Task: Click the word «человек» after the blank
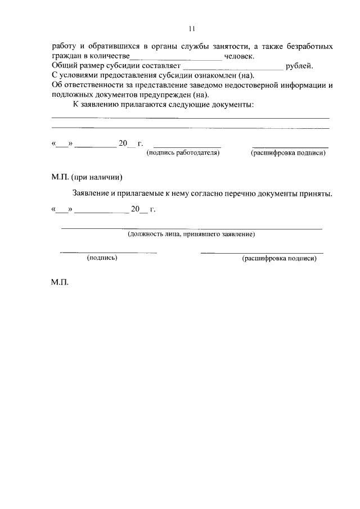pyautogui.click(x=239, y=56)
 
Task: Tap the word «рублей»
pyautogui.click(x=299, y=66)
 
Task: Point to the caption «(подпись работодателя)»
pyautogui.click(x=183, y=152)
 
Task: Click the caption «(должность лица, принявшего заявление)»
pyautogui.click(x=191, y=233)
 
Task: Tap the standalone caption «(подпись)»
pyautogui.click(x=102, y=258)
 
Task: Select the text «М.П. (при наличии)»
pyautogui.click(x=87, y=177)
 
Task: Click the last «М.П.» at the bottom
pyautogui.click(x=60, y=283)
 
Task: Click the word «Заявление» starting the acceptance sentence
pyautogui.click(x=92, y=193)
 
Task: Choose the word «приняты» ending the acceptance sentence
pyautogui.click(x=316, y=193)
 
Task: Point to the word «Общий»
pyautogui.click(x=64, y=66)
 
